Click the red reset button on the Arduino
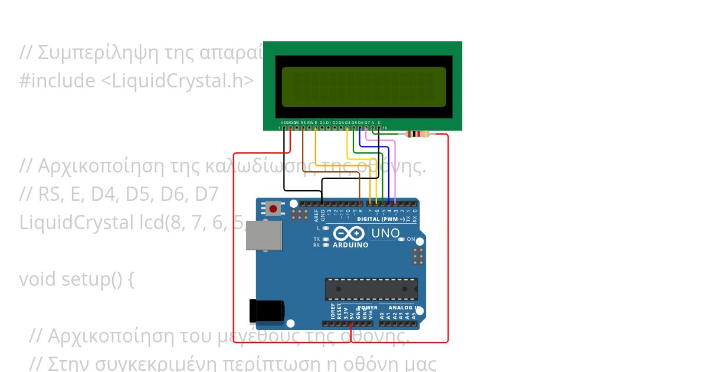[x=273, y=208]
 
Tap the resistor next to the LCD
[x=418, y=134]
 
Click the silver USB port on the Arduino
[x=264, y=235]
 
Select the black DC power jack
[x=266, y=311]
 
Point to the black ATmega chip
[x=371, y=289]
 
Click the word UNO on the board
[x=385, y=233]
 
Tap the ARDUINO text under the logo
[x=350, y=245]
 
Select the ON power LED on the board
[x=402, y=239]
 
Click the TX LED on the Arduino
[x=326, y=239]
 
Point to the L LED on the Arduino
[x=326, y=227]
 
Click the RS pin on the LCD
[x=303, y=128]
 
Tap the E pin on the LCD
[x=316, y=128]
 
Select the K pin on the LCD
[x=379, y=128]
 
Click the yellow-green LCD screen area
[x=363, y=87]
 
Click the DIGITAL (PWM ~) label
[x=381, y=219]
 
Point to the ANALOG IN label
[x=404, y=308]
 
